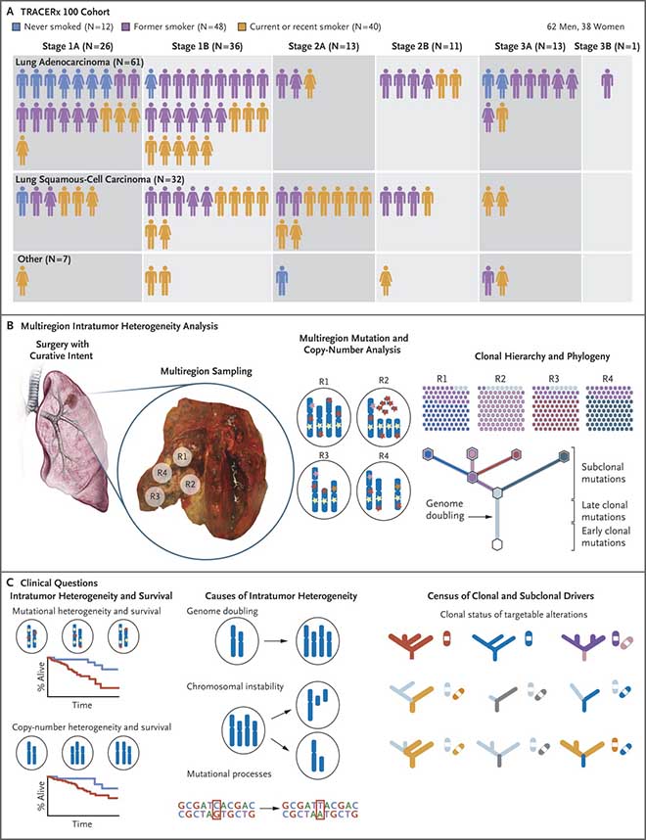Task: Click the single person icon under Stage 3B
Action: coord(608,84)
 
